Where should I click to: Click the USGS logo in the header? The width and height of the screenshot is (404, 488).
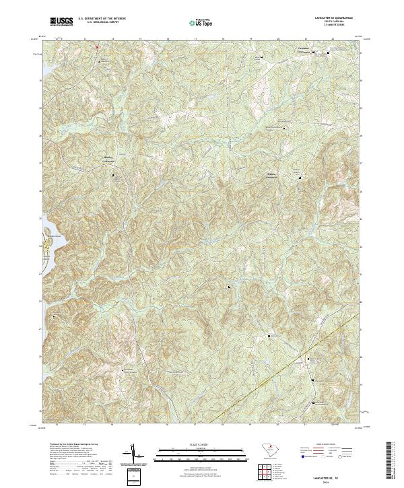coord(61,22)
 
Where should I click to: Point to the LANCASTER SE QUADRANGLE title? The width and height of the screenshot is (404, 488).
coord(323,18)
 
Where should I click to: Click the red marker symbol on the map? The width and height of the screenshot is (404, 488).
coord(96,47)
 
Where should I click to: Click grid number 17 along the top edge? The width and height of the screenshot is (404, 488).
coord(195,39)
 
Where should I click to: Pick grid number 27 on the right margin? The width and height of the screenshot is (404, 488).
coord(364,163)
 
